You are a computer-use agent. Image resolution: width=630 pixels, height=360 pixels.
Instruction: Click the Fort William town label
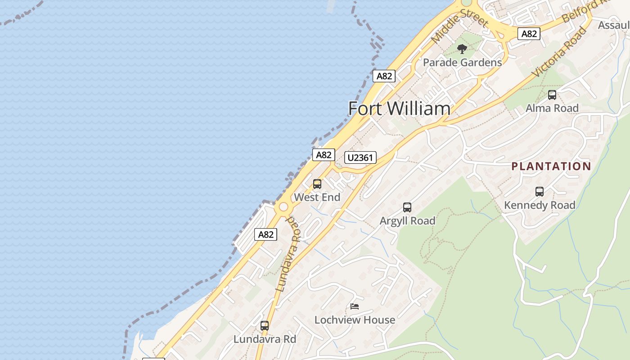[x=399, y=108]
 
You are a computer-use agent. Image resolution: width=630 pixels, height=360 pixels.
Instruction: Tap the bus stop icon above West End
[x=317, y=184]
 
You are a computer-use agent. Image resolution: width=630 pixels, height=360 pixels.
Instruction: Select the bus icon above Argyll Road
[x=407, y=207]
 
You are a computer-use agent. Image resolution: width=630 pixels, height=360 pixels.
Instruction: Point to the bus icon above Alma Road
[x=552, y=95]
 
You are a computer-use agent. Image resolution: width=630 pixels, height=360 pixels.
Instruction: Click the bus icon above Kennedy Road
[x=540, y=192]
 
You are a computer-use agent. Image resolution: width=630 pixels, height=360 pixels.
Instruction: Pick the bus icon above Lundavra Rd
[x=265, y=326]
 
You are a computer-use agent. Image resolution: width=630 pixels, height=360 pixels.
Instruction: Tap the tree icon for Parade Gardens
[x=462, y=49]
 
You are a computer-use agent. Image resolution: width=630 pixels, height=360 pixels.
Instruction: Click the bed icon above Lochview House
[x=355, y=307]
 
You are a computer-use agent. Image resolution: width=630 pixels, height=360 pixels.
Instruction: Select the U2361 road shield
[x=360, y=157]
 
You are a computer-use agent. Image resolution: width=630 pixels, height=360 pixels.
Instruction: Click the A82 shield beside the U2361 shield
[x=324, y=155]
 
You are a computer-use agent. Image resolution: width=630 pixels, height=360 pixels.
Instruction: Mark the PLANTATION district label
[x=551, y=166]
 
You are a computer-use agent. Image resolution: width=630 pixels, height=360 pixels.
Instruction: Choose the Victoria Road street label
[x=559, y=52]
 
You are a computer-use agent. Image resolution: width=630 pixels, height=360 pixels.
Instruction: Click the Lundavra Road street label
[x=288, y=254]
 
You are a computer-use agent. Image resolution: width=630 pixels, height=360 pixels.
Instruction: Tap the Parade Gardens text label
[x=462, y=63]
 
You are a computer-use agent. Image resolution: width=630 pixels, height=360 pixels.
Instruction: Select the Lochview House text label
[x=355, y=320]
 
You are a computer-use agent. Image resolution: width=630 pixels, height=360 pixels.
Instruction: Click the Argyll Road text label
[x=407, y=220]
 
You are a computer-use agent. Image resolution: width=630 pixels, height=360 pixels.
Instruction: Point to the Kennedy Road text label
[x=540, y=205]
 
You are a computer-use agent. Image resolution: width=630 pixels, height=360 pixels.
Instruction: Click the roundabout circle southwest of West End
[x=283, y=207]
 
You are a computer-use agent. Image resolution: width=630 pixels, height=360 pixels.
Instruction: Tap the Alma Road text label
[x=552, y=108]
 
